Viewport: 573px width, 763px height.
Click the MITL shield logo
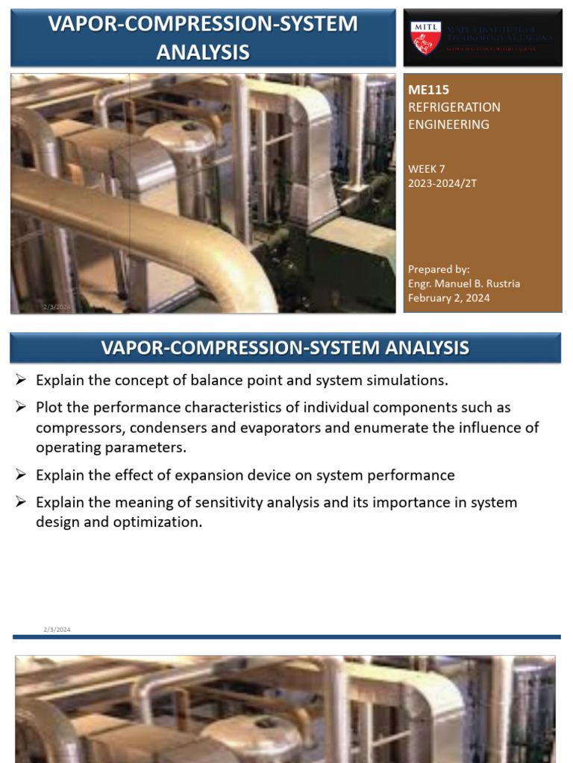[x=426, y=37]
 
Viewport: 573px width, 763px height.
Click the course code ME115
[x=424, y=89]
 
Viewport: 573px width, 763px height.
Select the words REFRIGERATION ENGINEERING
[x=454, y=115]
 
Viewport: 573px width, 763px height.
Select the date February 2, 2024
[x=448, y=298]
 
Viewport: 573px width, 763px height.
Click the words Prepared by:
[x=439, y=269]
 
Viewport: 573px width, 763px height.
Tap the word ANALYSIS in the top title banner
[x=202, y=51]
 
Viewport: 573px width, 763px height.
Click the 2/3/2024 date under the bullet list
[x=57, y=630]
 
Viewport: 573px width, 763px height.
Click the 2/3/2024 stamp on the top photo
[x=56, y=307]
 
